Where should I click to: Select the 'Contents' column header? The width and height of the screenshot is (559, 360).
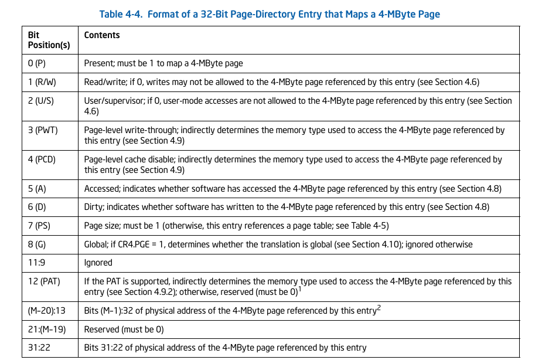[102, 35]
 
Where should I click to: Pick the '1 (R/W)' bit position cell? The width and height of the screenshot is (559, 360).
[42, 82]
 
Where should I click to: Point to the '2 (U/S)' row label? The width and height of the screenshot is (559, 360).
[41, 101]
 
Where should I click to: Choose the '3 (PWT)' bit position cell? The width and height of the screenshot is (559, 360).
[43, 130]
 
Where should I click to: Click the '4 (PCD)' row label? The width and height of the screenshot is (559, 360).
[43, 159]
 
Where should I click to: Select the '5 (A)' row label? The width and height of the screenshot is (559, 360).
[37, 189]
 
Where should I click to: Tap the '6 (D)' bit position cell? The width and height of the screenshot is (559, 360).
[37, 208]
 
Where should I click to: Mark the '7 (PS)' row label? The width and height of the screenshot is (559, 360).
[39, 226]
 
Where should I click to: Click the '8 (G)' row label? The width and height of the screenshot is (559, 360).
[37, 244]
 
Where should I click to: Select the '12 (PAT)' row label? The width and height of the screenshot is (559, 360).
[44, 281]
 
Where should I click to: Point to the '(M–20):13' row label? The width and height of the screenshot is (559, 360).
[47, 311]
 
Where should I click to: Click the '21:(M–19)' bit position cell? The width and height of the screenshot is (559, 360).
[47, 330]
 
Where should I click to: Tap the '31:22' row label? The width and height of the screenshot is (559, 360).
[39, 348]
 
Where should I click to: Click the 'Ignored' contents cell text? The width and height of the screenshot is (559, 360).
[98, 263]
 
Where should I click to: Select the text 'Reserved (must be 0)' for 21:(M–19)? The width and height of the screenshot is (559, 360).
[124, 330]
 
